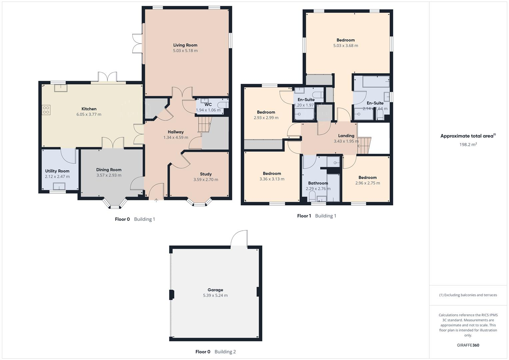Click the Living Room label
click(185, 45)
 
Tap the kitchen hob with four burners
click(46, 110)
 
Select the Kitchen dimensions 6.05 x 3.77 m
click(89, 114)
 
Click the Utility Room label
click(57, 171)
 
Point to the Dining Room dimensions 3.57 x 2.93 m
click(109, 175)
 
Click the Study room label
click(206, 174)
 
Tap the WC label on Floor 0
click(208, 105)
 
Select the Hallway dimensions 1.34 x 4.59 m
click(176, 137)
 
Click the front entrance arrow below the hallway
click(156, 200)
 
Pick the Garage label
click(215, 290)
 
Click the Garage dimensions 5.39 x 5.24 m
click(215, 295)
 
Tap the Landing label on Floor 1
click(346, 136)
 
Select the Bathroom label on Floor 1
click(318, 183)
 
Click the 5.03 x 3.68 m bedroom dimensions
click(346, 46)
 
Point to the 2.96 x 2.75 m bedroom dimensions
click(367, 183)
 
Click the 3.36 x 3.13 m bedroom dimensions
click(272, 179)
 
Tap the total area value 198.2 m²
click(468, 144)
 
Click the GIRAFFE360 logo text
click(468, 345)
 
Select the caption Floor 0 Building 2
click(215, 352)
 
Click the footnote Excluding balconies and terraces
click(468, 295)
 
